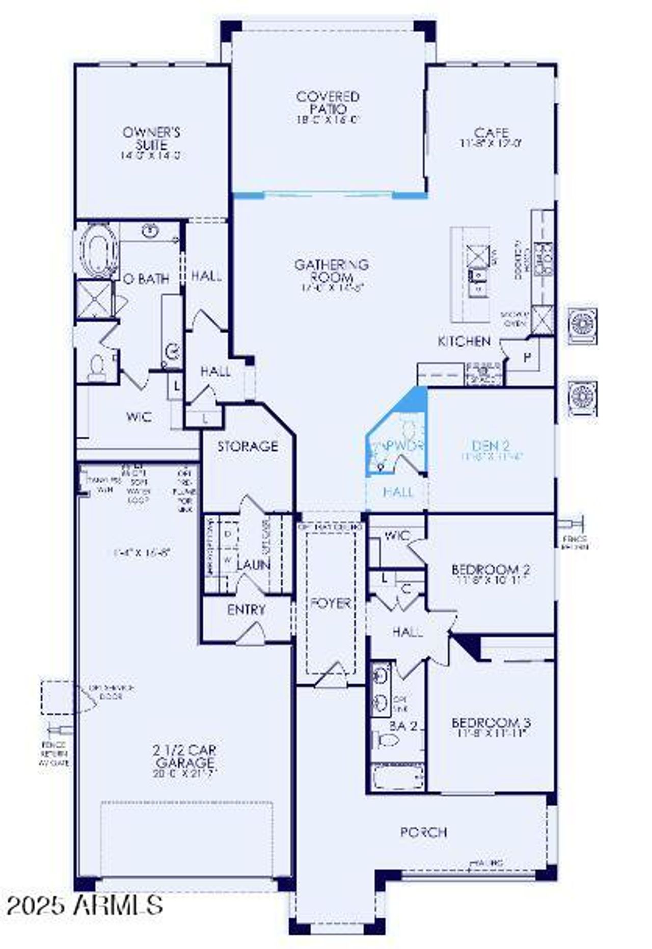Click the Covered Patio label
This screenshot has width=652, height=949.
(x=328, y=102)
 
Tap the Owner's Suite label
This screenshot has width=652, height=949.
(x=151, y=139)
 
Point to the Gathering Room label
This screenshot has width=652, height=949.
(x=331, y=271)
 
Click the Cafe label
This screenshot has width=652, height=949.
(x=491, y=133)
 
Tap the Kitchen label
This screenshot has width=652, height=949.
(x=465, y=341)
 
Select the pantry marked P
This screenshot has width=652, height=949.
(x=527, y=357)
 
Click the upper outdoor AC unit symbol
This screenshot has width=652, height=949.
(x=582, y=326)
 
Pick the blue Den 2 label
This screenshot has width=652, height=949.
(x=491, y=446)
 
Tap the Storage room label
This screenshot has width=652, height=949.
(x=248, y=446)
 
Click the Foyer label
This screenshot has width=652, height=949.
(x=331, y=603)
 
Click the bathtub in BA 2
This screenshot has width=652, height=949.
(x=397, y=777)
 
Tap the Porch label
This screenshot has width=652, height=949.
(x=424, y=832)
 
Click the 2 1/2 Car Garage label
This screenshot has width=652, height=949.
(x=185, y=756)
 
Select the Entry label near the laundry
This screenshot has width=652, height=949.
(x=246, y=610)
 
